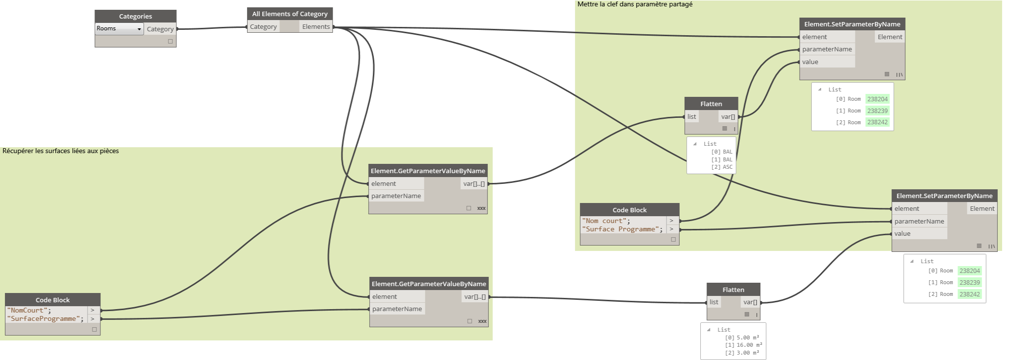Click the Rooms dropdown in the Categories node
point(119,29)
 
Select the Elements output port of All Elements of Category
point(316,27)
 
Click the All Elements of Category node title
point(290,14)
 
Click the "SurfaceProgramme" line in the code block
point(45,319)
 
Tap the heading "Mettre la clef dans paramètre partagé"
point(635,4)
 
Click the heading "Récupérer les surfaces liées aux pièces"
point(61,151)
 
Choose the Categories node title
point(136,17)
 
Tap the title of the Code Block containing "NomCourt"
point(53,300)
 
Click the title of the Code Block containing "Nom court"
point(630,210)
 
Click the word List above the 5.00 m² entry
point(724,330)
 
